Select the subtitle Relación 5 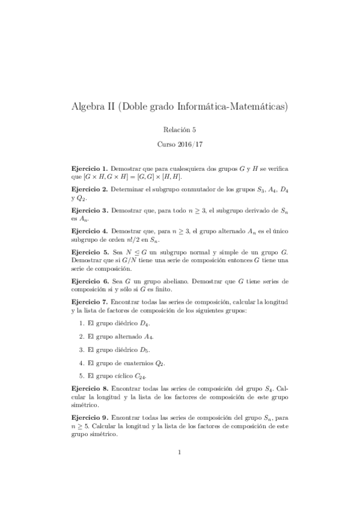[x=180, y=129]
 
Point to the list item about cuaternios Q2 [x=126, y=363]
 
